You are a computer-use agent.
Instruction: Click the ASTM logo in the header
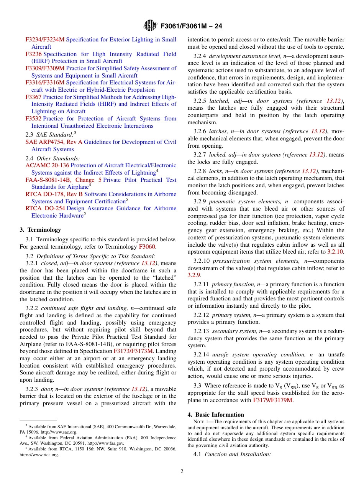coord(150,26)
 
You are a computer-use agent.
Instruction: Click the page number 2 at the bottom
coord(182,472)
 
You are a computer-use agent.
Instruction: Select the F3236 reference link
coord(33,54)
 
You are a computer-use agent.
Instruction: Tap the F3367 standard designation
coord(33,97)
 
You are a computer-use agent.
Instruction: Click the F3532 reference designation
coord(33,119)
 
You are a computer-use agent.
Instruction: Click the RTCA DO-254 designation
coord(45,208)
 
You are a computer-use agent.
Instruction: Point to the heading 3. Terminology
coord(40,230)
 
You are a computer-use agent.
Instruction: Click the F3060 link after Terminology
coord(147,247)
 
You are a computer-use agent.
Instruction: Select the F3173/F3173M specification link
coord(133,351)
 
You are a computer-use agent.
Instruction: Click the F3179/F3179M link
coord(273,400)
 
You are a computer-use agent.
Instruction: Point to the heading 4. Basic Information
coord(216,415)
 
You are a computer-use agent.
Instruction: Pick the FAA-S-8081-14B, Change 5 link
coord(64,180)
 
